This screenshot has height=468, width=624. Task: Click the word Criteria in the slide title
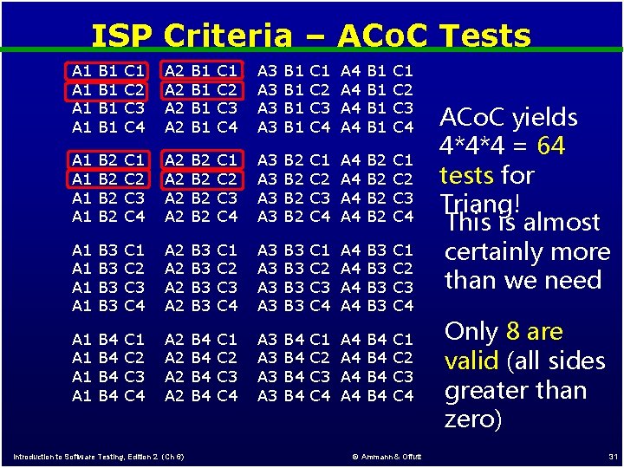click(227, 36)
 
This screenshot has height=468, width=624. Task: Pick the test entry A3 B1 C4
click(295, 127)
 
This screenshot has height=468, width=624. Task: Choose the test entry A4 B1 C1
click(378, 70)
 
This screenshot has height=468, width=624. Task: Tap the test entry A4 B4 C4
click(378, 396)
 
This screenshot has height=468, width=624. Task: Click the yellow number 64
click(550, 146)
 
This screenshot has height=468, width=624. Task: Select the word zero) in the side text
click(472, 419)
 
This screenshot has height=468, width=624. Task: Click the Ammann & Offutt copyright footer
click(387, 457)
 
